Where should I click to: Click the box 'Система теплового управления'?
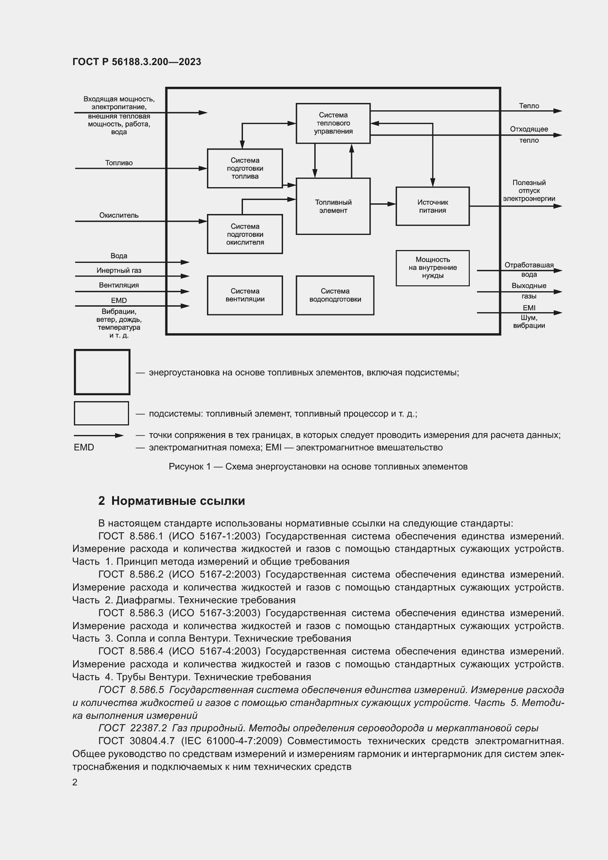coord(333,123)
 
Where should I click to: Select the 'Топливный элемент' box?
coord(333,206)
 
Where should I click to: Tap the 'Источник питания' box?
coord(432,206)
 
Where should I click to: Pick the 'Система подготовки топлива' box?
coord(245,168)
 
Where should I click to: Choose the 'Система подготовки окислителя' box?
coord(245,234)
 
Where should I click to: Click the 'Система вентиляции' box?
coord(245,295)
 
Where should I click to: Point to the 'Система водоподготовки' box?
coord(335,295)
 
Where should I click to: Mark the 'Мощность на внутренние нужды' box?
coord(432,268)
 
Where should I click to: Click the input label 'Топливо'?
coord(119,163)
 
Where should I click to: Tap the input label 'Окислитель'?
coord(119,215)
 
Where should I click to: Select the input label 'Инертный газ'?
coord(119,271)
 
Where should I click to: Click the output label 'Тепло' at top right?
coord(529,106)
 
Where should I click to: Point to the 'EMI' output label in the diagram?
coord(529,308)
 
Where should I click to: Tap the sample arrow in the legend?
coord(99,435)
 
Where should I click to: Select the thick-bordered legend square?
coord(102,372)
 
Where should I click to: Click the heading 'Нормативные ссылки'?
coord(178,501)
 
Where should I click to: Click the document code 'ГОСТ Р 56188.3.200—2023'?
coord(137,62)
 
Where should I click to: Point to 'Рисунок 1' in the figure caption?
coord(189,467)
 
